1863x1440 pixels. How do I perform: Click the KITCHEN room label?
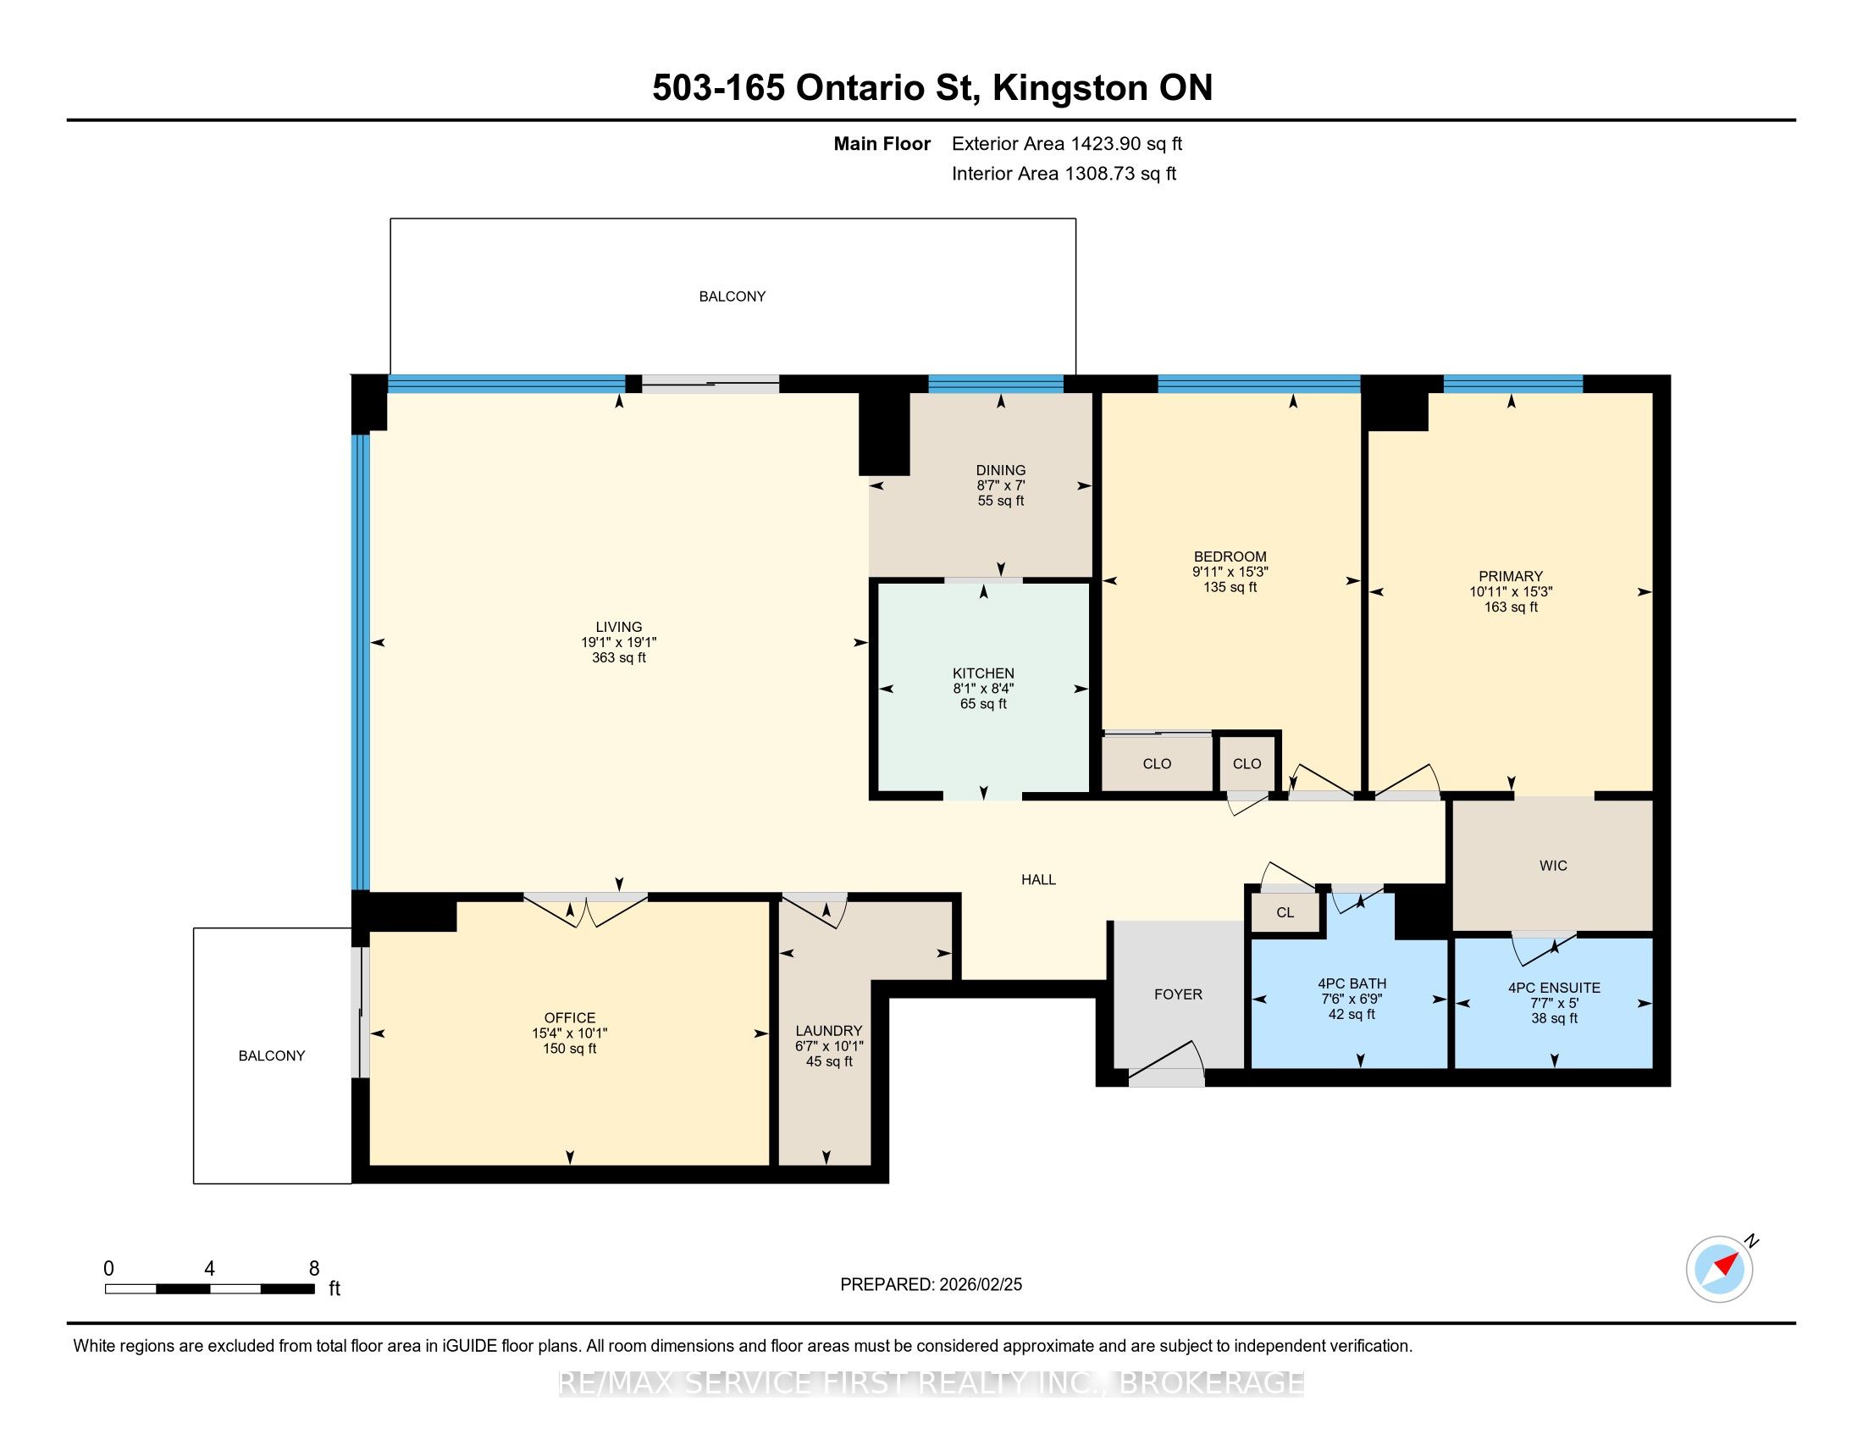983,673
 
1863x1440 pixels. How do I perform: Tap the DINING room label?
1001,470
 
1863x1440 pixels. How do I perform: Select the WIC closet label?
1553,865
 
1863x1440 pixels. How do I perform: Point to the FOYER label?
1178,994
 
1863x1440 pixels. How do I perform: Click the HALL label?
1039,879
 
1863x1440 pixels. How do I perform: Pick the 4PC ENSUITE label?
1554,988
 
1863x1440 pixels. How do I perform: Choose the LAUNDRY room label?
829,1031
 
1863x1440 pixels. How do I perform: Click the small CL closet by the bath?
1285,912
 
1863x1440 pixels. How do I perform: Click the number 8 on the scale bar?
314,1269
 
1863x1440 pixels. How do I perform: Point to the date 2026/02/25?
980,1285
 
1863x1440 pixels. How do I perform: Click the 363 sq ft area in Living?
618,657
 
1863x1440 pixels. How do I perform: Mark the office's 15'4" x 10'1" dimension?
570,1033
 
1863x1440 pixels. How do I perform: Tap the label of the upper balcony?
732,296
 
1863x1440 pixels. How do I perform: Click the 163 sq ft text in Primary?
1511,606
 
